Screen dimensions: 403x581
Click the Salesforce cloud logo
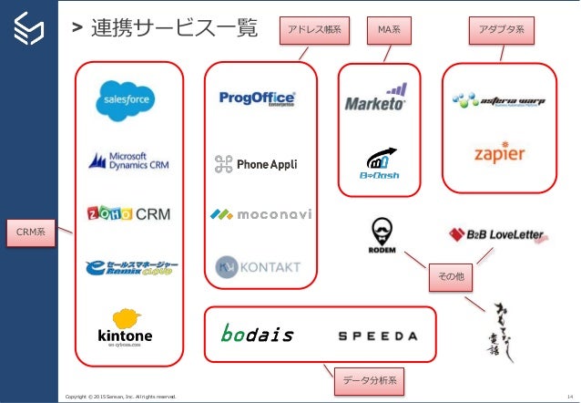[x=129, y=101]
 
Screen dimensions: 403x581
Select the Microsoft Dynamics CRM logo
[x=128, y=160]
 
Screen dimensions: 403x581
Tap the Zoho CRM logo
[x=128, y=213]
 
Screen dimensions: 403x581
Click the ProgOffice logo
[x=258, y=98]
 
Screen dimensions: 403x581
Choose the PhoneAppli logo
[x=256, y=164]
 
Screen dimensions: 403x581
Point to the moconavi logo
[x=260, y=214]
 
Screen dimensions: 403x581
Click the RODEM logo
[x=382, y=236]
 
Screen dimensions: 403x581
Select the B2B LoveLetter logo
[x=496, y=235]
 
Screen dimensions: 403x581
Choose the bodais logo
[x=258, y=334]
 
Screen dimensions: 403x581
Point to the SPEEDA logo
[x=378, y=336]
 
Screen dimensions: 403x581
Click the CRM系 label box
[x=31, y=233]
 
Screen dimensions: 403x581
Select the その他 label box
[x=451, y=275]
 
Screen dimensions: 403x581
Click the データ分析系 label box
[x=368, y=378]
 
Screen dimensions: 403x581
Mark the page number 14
[x=569, y=396]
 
